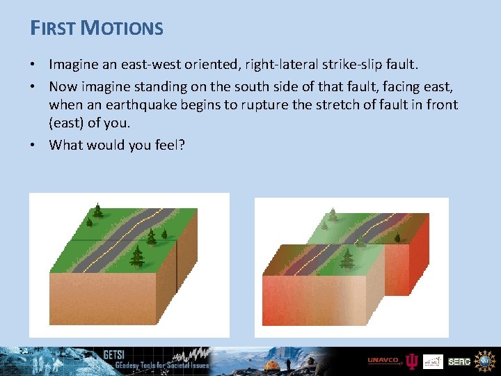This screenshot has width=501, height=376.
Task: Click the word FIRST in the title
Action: pyautogui.click(x=53, y=28)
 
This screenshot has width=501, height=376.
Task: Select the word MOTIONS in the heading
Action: pyautogui.click(x=122, y=28)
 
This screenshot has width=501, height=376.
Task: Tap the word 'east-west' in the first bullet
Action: pyautogui.click(x=148, y=65)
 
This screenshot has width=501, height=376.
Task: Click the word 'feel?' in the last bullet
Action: pyautogui.click(x=168, y=145)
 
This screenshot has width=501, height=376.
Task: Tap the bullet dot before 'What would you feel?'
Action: pyautogui.click(x=33, y=145)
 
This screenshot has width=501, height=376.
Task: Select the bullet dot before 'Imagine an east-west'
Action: pyautogui.click(x=33, y=65)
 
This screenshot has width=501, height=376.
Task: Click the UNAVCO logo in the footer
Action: pyautogui.click(x=383, y=361)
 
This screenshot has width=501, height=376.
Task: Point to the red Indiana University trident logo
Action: pyautogui.click(x=412, y=361)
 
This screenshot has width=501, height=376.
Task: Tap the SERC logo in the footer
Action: pyautogui.click(x=459, y=362)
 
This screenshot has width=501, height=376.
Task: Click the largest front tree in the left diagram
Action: pyautogui.click(x=137, y=256)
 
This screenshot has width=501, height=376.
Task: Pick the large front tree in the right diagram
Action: pyautogui.click(x=347, y=259)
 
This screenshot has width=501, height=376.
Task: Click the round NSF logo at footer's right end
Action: pyautogui.click(x=485, y=361)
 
